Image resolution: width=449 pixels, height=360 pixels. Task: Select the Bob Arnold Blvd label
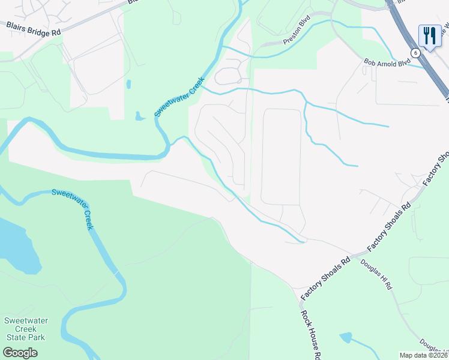tap(387, 62)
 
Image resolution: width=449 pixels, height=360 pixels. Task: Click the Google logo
tap(20, 353)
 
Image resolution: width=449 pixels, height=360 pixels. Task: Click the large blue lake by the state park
tap(15, 243)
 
